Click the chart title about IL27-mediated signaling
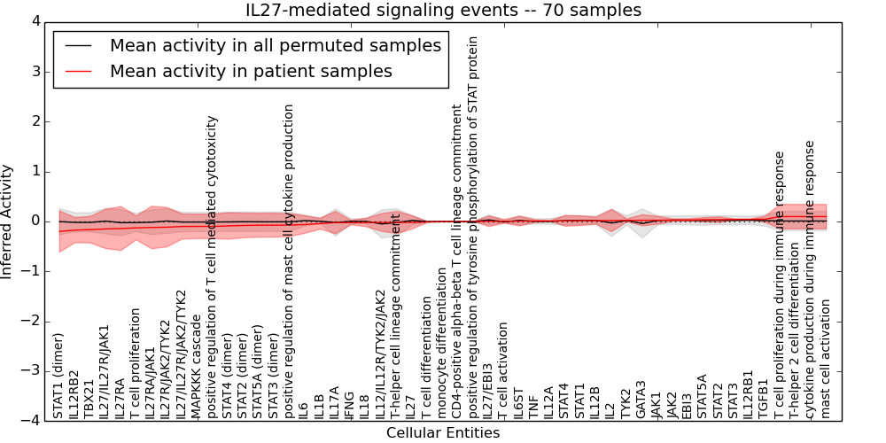[x=443, y=11]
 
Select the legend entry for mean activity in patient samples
[x=251, y=71]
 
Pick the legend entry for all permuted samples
[x=275, y=45]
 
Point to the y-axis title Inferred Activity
[x=8, y=221]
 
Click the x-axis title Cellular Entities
[x=443, y=433]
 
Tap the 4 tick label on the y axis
[x=35, y=22]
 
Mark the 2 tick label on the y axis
[x=35, y=121]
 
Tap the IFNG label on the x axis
[x=350, y=404]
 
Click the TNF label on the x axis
[x=532, y=407]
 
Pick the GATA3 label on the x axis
[x=641, y=400]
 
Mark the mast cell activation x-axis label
[x=826, y=358]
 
